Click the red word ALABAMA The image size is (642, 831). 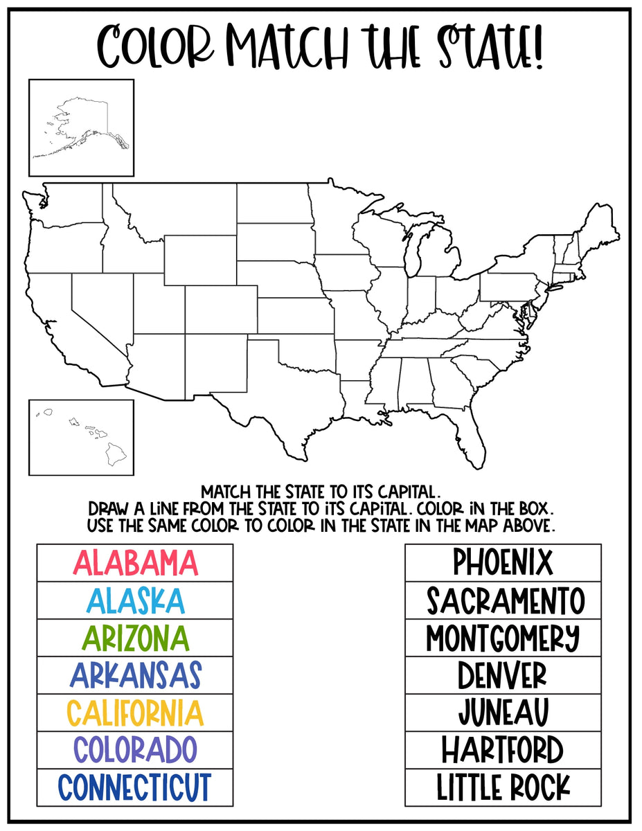[135, 563]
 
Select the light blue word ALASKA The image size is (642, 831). [135, 600]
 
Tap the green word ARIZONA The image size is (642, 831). [135, 638]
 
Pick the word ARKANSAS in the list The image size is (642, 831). [135, 675]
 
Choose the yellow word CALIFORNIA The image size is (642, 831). [135, 713]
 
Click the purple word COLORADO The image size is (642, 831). [135, 750]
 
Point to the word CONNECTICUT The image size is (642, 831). [135, 787]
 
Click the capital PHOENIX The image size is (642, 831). [503, 562]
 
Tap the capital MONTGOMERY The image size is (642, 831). [503, 638]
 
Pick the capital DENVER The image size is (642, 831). [503, 675]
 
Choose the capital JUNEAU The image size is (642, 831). [503, 713]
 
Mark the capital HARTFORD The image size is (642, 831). [503, 750]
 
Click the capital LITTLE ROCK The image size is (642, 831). [503, 787]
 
